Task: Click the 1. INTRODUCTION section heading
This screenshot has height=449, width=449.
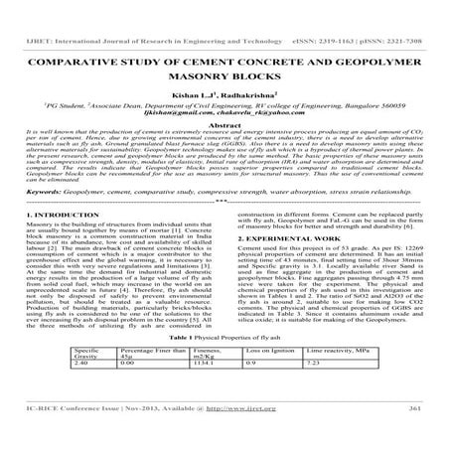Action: pos(49,241)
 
